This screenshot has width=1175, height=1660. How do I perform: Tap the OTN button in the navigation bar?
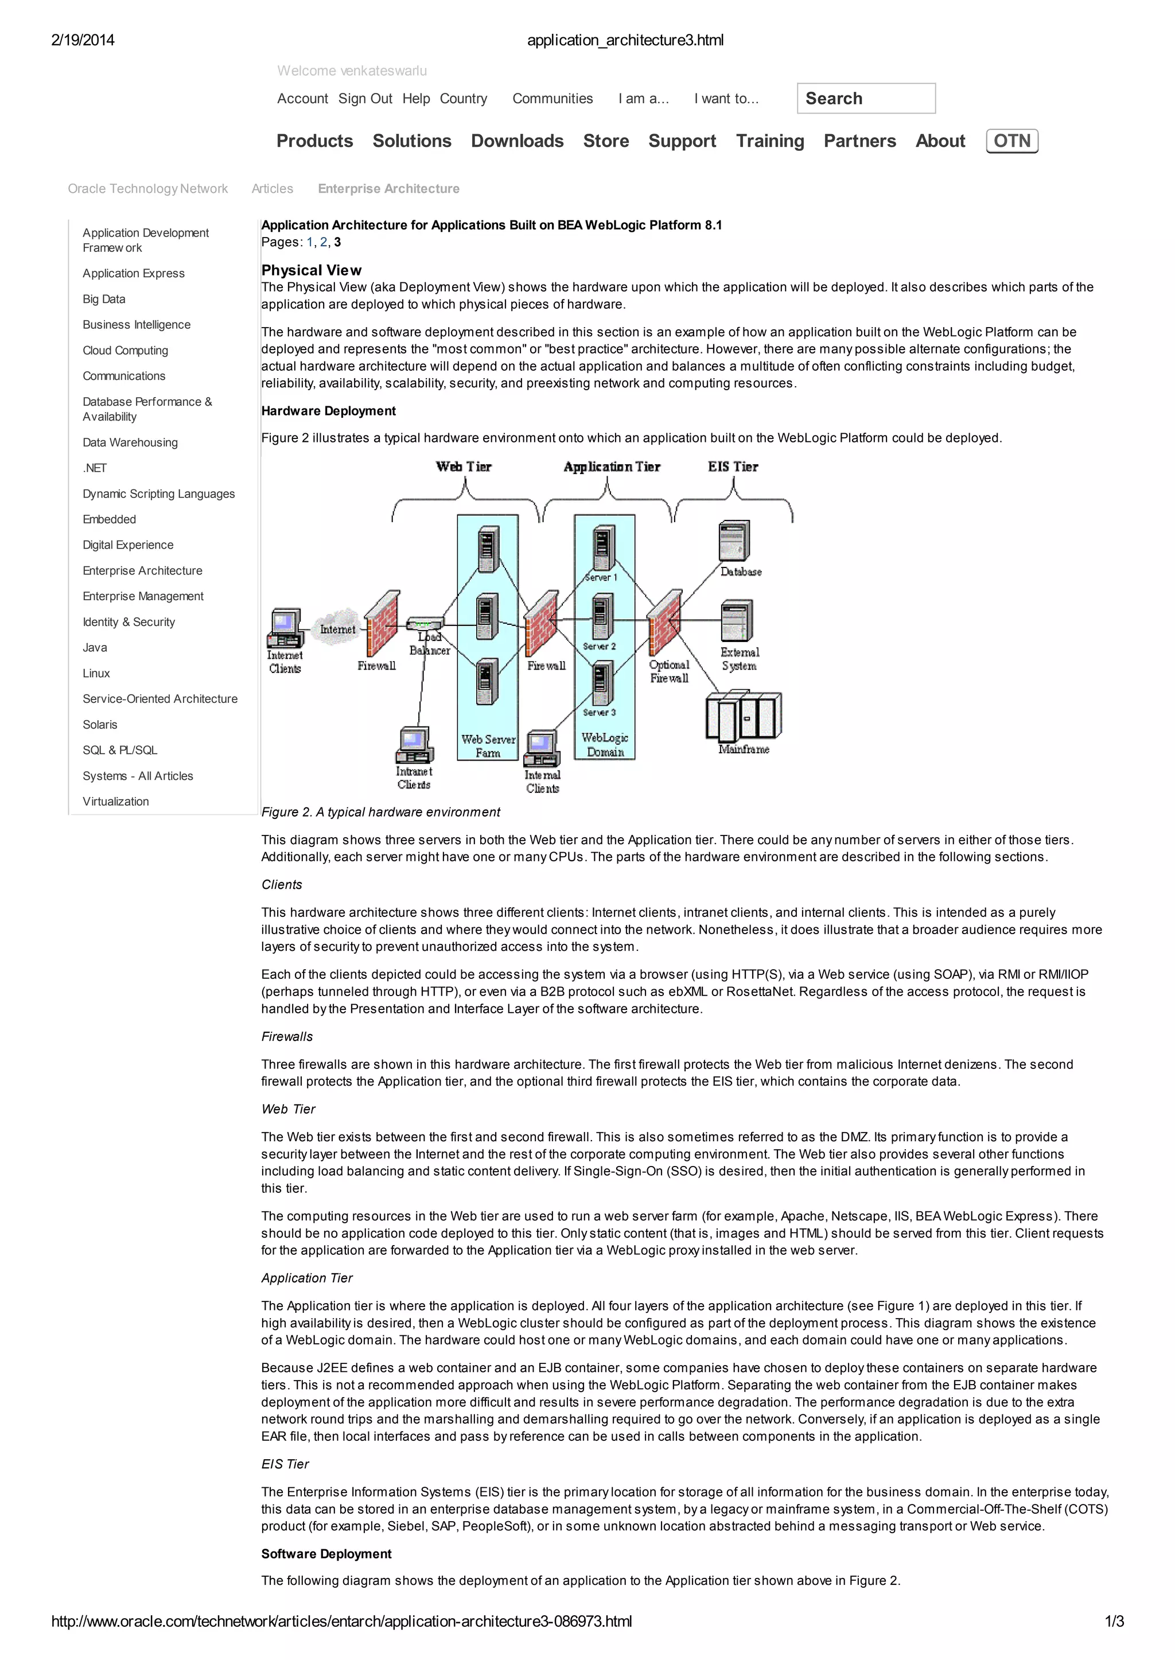pyautogui.click(x=1011, y=141)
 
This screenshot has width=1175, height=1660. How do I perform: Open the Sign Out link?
pyautogui.click(x=365, y=99)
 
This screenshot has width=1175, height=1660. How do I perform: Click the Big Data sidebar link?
pyautogui.click(x=103, y=299)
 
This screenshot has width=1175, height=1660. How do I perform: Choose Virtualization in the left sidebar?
pyautogui.click(x=116, y=801)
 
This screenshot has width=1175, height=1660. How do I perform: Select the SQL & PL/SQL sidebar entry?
pyautogui.click(x=119, y=750)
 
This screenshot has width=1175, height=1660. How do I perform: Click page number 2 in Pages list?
pyautogui.click(x=324, y=242)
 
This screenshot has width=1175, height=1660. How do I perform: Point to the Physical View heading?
pyautogui.click(x=311, y=270)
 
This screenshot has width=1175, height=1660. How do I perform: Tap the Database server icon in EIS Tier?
pyautogui.click(x=734, y=541)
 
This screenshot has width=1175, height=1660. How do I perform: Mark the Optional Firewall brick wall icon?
pyautogui.click(x=664, y=623)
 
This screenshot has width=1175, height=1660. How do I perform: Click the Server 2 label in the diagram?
pyautogui.click(x=599, y=646)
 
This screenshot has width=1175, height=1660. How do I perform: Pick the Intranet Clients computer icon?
pyautogui.click(x=414, y=745)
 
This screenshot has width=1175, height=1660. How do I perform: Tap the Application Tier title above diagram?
pyautogui.click(x=612, y=466)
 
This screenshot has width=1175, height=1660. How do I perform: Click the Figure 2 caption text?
pyautogui.click(x=380, y=812)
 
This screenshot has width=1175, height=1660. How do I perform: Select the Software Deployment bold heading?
pyautogui.click(x=326, y=1554)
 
